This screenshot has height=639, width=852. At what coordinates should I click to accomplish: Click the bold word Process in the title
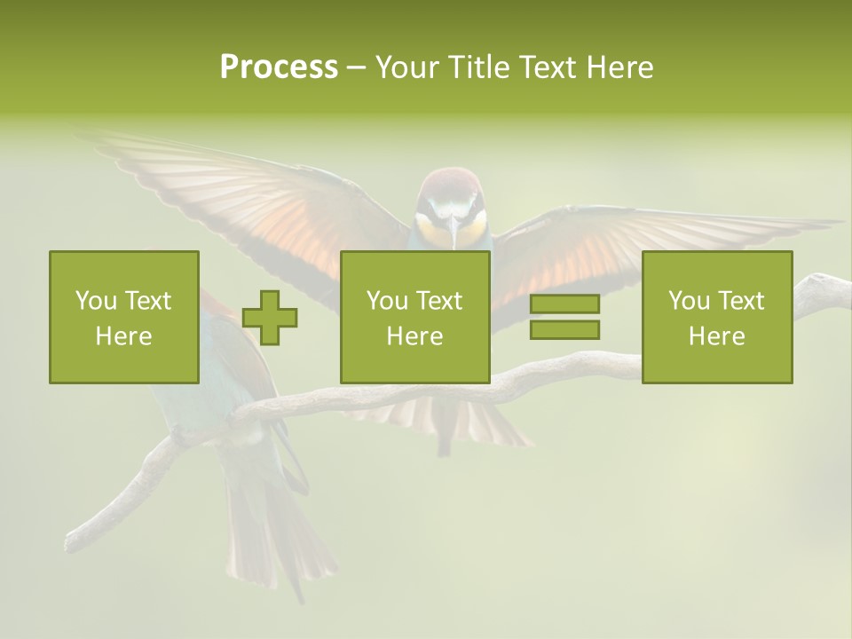click(279, 67)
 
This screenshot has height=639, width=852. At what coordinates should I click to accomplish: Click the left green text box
click(123, 317)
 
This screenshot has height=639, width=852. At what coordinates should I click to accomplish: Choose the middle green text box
click(414, 317)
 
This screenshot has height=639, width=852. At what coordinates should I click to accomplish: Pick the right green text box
click(716, 317)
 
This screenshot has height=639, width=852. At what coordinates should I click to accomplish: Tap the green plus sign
click(270, 318)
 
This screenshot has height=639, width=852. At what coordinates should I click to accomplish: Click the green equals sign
click(564, 317)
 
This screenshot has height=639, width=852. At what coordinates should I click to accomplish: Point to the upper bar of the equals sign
click(564, 304)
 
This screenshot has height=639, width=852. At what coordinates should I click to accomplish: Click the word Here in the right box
click(716, 336)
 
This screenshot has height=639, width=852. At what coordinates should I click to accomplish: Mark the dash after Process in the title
click(357, 67)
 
